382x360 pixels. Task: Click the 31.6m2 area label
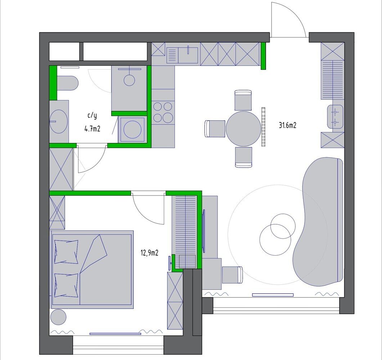(x=287, y=125)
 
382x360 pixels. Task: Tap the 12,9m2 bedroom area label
(x=149, y=253)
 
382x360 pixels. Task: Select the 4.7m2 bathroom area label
(x=92, y=129)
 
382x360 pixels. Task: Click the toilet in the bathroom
(x=67, y=83)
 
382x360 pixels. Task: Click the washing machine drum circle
(x=133, y=129)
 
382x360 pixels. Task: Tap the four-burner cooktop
(x=163, y=112)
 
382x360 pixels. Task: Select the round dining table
(x=243, y=129)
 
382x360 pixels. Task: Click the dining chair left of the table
(x=215, y=129)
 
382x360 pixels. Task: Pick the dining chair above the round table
(x=243, y=100)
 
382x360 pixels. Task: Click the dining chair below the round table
(x=243, y=157)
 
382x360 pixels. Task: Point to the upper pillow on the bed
(x=66, y=252)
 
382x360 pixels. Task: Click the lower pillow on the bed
(x=66, y=285)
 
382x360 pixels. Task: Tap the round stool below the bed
(x=58, y=317)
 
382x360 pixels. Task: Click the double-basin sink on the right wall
(x=335, y=117)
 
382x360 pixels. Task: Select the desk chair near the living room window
(x=233, y=275)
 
